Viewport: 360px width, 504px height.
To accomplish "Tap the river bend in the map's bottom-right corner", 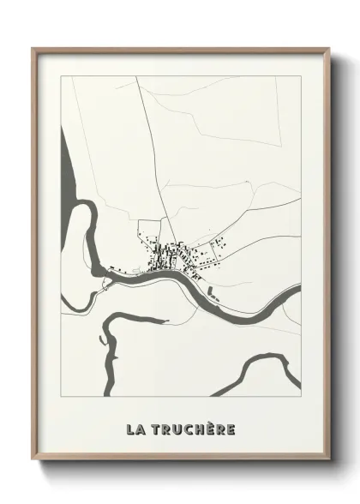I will pyautogui.click(x=257, y=364).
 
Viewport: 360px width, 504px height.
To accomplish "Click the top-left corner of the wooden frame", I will pyautogui.click(x=33, y=48).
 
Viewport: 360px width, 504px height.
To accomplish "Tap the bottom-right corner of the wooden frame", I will pyautogui.click(x=328, y=471).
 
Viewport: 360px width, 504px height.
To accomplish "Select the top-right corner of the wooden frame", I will pyautogui.click(x=328, y=48).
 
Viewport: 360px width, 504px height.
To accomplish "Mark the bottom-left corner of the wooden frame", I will pyautogui.click(x=33, y=471).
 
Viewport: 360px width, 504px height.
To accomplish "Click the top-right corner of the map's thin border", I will pyautogui.click(x=300, y=75).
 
